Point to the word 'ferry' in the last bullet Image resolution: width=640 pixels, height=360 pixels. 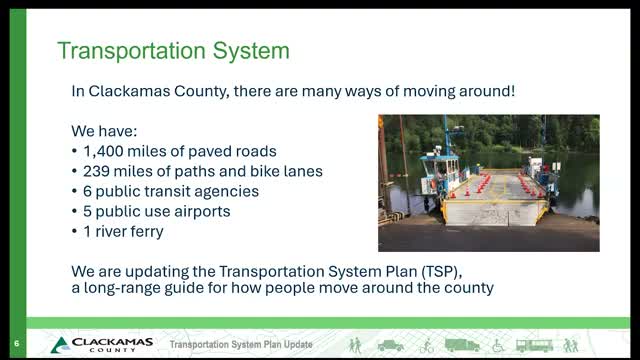150,231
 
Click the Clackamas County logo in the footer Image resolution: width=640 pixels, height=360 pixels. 100,345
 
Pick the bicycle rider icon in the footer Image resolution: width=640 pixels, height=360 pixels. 427,345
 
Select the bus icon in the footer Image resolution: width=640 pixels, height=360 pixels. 534,345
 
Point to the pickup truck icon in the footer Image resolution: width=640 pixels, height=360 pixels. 391,345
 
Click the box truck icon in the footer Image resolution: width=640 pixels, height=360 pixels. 463,345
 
